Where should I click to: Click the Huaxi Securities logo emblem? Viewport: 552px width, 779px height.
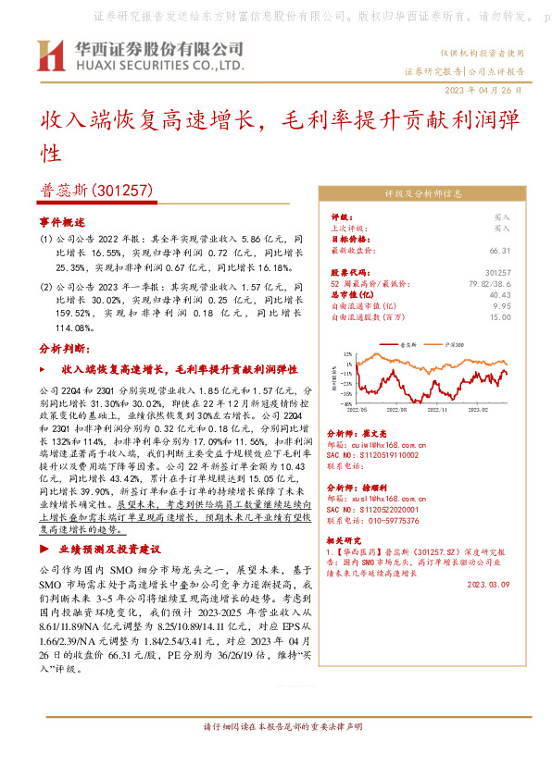point(49,56)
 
